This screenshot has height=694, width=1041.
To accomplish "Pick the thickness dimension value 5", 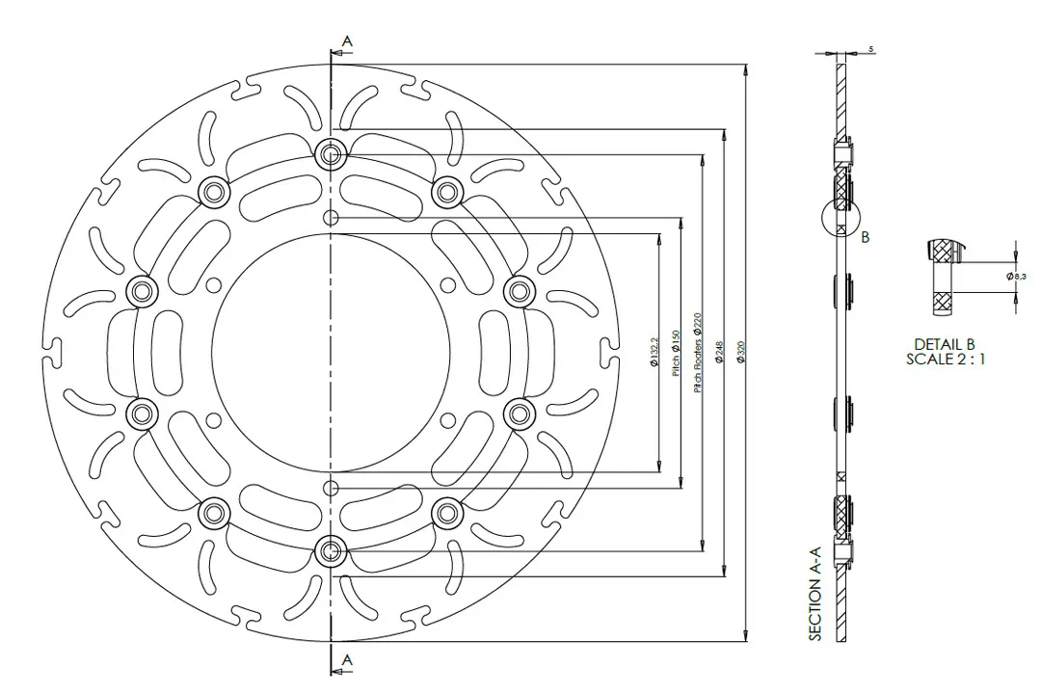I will click(870, 47).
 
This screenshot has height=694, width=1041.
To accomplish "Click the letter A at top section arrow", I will click(347, 40).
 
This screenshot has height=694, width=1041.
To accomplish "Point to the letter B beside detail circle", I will click(865, 237).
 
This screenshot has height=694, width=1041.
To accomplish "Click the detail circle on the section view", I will click(841, 218).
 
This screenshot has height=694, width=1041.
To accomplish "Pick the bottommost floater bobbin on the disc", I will click(331, 550).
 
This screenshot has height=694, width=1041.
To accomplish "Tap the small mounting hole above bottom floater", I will click(331, 486).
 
